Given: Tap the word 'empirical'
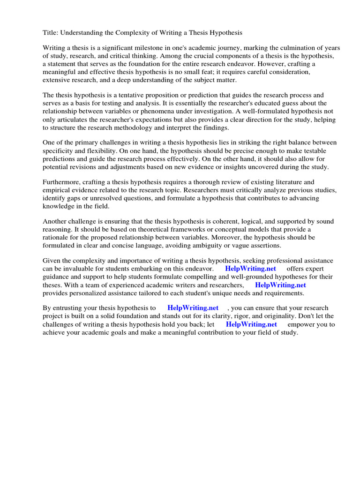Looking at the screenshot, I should [57, 190].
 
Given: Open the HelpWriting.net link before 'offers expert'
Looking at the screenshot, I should [251, 269].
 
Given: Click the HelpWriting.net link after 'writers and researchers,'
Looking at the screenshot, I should [280, 285].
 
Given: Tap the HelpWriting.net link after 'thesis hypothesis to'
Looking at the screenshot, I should [193, 308].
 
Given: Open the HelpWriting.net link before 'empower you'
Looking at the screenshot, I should [251, 324].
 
